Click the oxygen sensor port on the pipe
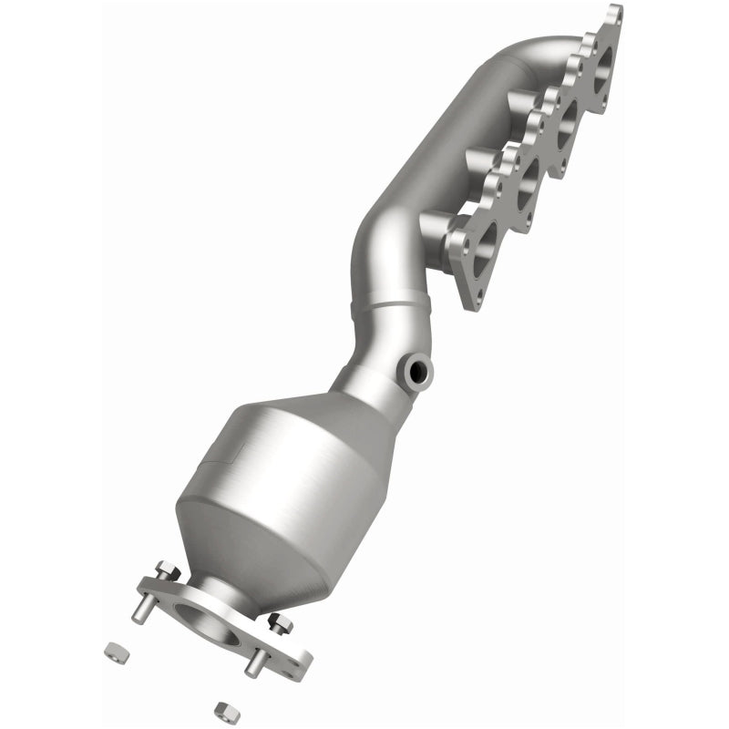pos(418,372)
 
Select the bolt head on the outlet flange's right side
pos(280,623)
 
